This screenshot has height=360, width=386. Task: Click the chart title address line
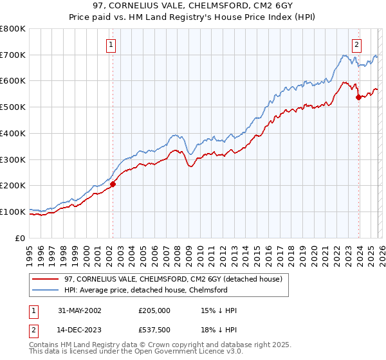pos(192,6)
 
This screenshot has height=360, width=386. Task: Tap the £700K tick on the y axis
pos(13,55)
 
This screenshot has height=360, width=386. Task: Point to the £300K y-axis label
pos(13,159)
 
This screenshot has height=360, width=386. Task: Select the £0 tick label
pos(21,238)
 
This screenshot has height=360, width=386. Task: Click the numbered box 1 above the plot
pos(111,45)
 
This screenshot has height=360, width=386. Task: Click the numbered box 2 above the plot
pos(356,45)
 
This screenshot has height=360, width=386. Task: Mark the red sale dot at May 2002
pos(113,184)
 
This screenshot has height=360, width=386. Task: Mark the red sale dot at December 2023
pos(358,97)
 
